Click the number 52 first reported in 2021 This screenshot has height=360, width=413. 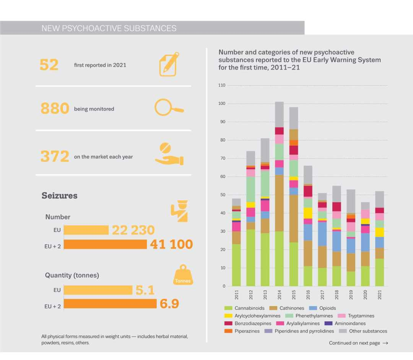point(49,65)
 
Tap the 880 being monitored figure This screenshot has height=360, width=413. point(55,108)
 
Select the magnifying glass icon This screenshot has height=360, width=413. point(169,107)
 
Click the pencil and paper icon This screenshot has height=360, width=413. point(169,64)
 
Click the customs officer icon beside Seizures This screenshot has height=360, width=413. point(179,211)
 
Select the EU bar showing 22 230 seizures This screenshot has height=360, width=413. point(86,230)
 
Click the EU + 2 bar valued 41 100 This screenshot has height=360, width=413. point(105,244)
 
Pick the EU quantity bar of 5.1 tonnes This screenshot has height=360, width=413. point(98,290)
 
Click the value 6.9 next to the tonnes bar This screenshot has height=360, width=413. point(169,304)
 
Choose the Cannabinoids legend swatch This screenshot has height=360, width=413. point(228,308)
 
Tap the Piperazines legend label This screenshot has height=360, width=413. point(247,331)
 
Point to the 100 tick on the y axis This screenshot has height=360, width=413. point(222,104)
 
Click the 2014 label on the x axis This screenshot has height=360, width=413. point(280,295)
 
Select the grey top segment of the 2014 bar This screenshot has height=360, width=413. point(279,114)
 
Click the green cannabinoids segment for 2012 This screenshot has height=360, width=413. point(251,258)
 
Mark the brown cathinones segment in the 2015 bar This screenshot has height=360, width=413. point(294,219)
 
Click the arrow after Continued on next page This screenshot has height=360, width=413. point(385,343)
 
